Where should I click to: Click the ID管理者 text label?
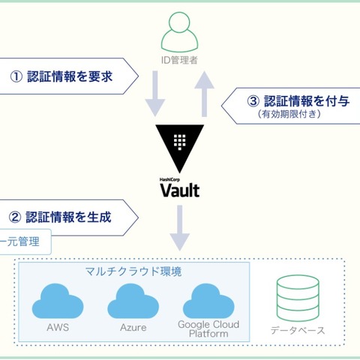(x=179, y=61)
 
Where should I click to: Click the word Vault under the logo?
(x=180, y=190)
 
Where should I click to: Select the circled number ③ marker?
(x=252, y=101)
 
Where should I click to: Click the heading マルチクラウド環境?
(x=133, y=271)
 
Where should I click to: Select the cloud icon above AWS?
(x=58, y=301)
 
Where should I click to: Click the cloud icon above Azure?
(x=133, y=301)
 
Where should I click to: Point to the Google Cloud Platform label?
(x=208, y=328)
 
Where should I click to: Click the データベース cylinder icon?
(x=298, y=297)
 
